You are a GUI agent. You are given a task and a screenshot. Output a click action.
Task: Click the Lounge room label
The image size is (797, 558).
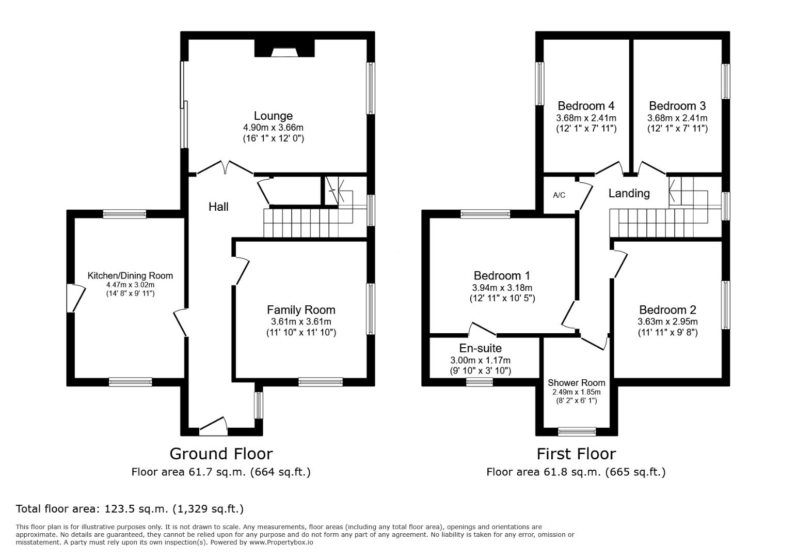(273, 116)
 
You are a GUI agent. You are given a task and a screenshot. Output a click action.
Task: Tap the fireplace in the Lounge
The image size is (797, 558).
(284, 48)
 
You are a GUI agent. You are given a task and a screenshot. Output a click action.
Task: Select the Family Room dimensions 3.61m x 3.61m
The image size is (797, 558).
(301, 321)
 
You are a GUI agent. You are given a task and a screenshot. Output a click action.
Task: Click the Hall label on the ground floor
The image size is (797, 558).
(218, 207)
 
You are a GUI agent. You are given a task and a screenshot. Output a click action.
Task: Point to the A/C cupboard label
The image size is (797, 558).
(559, 195)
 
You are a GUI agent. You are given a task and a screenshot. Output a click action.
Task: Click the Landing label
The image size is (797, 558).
(629, 193)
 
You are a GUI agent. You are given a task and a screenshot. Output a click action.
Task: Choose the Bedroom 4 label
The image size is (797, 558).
(586, 106)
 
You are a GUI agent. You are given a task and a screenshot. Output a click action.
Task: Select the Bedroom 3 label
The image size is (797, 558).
(677, 106)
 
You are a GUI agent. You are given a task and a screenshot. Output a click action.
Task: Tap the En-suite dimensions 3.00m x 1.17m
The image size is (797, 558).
(481, 360)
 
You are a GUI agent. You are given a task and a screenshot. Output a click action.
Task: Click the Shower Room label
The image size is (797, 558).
(577, 383)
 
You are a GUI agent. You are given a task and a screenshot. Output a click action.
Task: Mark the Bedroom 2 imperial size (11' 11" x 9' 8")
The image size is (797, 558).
(667, 332)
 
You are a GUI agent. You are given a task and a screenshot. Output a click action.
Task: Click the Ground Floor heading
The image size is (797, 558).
(221, 454)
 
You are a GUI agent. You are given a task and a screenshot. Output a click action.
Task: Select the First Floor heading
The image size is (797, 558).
(576, 454)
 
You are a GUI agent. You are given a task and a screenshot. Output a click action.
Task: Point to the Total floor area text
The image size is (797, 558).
(130, 509)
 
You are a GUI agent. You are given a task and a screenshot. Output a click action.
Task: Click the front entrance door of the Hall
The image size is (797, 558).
(213, 426)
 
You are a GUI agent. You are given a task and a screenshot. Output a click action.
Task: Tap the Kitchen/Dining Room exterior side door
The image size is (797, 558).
(76, 298)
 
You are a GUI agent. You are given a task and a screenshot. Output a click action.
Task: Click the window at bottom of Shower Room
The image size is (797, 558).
(577, 432)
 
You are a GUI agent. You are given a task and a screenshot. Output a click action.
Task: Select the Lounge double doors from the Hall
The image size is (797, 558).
(225, 168)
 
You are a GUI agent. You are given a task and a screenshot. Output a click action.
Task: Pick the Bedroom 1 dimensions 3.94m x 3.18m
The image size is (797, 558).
(502, 287)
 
